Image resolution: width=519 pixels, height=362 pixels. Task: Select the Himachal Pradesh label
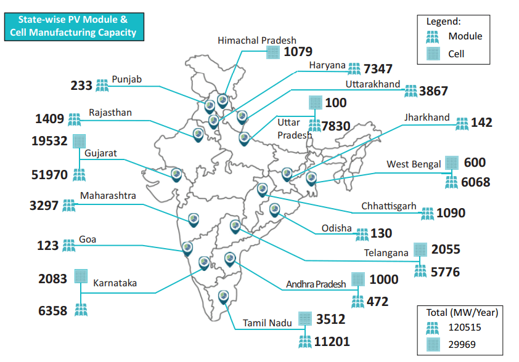[x=256, y=41]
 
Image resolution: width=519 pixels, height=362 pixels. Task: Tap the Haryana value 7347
[x=378, y=69]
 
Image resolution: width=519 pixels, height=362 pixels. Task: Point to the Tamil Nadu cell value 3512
[x=330, y=320]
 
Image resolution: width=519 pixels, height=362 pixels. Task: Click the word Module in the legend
[x=465, y=36]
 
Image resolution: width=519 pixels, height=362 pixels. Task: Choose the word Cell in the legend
[x=456, y=54]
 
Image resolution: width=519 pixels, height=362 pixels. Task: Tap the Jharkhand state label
[x=427, y=118]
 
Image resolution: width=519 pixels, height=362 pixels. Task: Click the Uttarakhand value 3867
[x=433, y=91]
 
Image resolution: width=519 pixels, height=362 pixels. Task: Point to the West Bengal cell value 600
[x=475, y=163]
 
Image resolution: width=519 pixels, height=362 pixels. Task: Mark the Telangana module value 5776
[x=445, y=271]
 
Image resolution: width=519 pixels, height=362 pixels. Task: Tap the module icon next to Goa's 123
[x=68, y=246]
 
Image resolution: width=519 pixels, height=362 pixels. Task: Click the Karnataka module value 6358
[x=52, y=311]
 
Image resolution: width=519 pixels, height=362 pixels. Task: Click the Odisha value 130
[x=381, y=234]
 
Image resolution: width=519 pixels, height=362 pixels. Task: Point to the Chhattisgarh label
[x=389, y=206]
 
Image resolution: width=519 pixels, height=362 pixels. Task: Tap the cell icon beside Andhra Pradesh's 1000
[x=358, y=280]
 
